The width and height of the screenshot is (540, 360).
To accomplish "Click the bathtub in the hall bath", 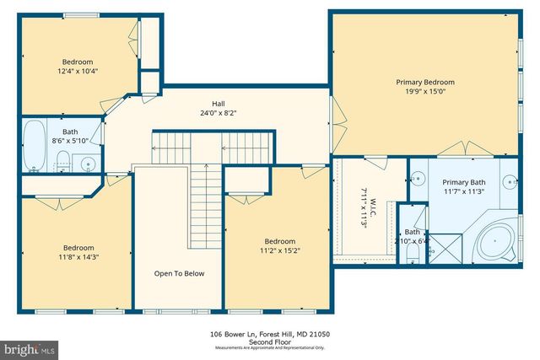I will click(33, 146).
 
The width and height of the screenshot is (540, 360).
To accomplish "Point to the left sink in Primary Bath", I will click(416, 180).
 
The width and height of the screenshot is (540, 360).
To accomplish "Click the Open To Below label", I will click(178, 273).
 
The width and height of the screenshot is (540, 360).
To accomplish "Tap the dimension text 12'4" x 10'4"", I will click(78, 71).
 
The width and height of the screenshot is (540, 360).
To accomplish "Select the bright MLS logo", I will click(30, 347).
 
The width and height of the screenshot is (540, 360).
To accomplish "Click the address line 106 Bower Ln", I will click(269, 335).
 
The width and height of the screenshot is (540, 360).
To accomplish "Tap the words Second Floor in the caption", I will click(269, 342).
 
